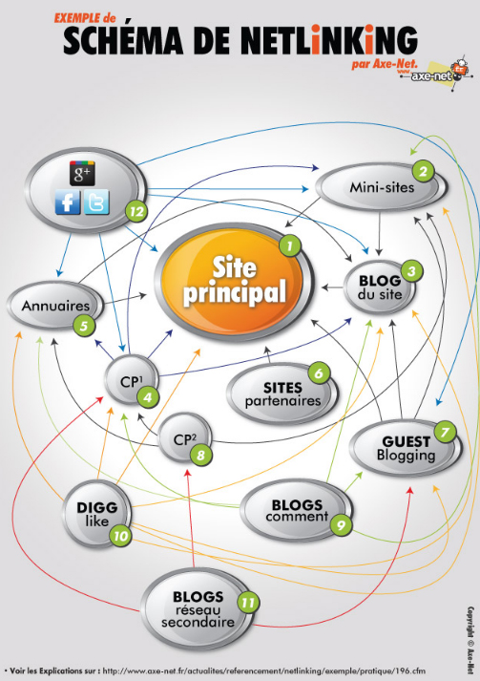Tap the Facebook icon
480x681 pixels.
[x=67, y=202]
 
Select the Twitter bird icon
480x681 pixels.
[x=96, y=202]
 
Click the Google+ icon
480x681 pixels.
[x=82, y=173]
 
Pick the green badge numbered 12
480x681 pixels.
[x=136, y=211]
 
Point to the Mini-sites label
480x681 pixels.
[x=382, y=187]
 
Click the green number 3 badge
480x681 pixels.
[x=411, y=272]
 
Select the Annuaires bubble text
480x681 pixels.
[x=55, y=306]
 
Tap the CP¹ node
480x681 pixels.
[x=132, y=380]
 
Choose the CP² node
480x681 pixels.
[x=185, y=438]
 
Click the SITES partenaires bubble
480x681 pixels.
[x=282, y=394]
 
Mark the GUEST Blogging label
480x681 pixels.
[x=406, y=448]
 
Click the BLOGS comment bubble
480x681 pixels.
[x=297, y=510]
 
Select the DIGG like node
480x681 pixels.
[x=96, y=514]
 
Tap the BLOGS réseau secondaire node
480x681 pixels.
[x=198, y=608]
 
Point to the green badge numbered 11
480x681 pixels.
[x=248, y=603]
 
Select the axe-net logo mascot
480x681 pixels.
[x=458, y=70]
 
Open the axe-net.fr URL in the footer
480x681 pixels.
[x=264, y=670]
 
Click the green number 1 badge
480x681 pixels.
[x=289, y=245]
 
